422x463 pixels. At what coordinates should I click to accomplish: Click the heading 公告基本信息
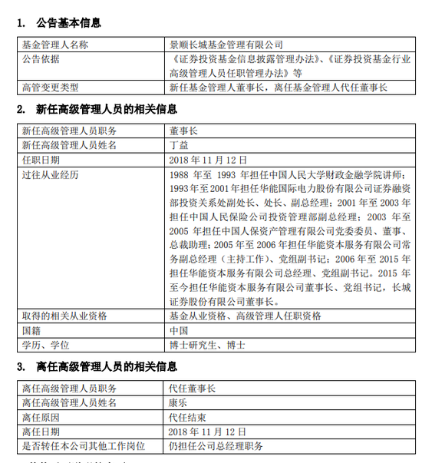(68, 23)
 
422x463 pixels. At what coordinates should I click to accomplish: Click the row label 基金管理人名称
(55, 45)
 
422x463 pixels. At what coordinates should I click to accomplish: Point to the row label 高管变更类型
(51, 87)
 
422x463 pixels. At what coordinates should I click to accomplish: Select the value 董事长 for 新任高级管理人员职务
(182, 131)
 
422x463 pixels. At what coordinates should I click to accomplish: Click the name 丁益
(176, 144)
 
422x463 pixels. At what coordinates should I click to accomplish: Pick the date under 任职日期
(207, 159)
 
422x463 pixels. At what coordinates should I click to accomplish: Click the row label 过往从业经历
(51, 174)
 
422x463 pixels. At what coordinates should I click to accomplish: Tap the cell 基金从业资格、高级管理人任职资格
(244, 316)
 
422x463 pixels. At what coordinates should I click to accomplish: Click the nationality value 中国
(176, 330)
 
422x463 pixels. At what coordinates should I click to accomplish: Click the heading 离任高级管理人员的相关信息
(101, 366)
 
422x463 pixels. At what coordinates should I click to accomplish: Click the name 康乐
(176, 402)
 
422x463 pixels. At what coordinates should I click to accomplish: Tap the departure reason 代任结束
(186, 417)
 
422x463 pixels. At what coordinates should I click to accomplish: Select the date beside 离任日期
(207, 432)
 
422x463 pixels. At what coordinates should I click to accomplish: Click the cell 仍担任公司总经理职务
(216, 446)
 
